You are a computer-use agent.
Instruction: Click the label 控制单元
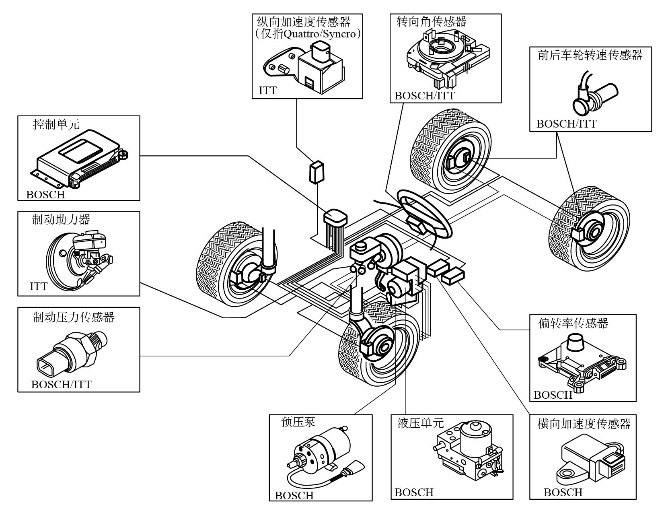point(56,125)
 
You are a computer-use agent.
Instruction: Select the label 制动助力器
point(61,220)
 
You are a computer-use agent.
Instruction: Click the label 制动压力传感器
point(74,317)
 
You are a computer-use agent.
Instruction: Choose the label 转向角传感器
point(432,22)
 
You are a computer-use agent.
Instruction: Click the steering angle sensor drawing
point(446,58)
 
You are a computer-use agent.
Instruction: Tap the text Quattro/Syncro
point(320,34)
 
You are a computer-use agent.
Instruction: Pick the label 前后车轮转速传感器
point(590,55)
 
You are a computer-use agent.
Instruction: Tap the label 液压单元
point(420,423)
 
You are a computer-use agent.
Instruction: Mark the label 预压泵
point(298,422)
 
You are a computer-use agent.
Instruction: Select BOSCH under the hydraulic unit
point(414,492)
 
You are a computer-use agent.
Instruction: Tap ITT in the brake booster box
point(39,286)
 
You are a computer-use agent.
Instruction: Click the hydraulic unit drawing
point(469,451)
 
